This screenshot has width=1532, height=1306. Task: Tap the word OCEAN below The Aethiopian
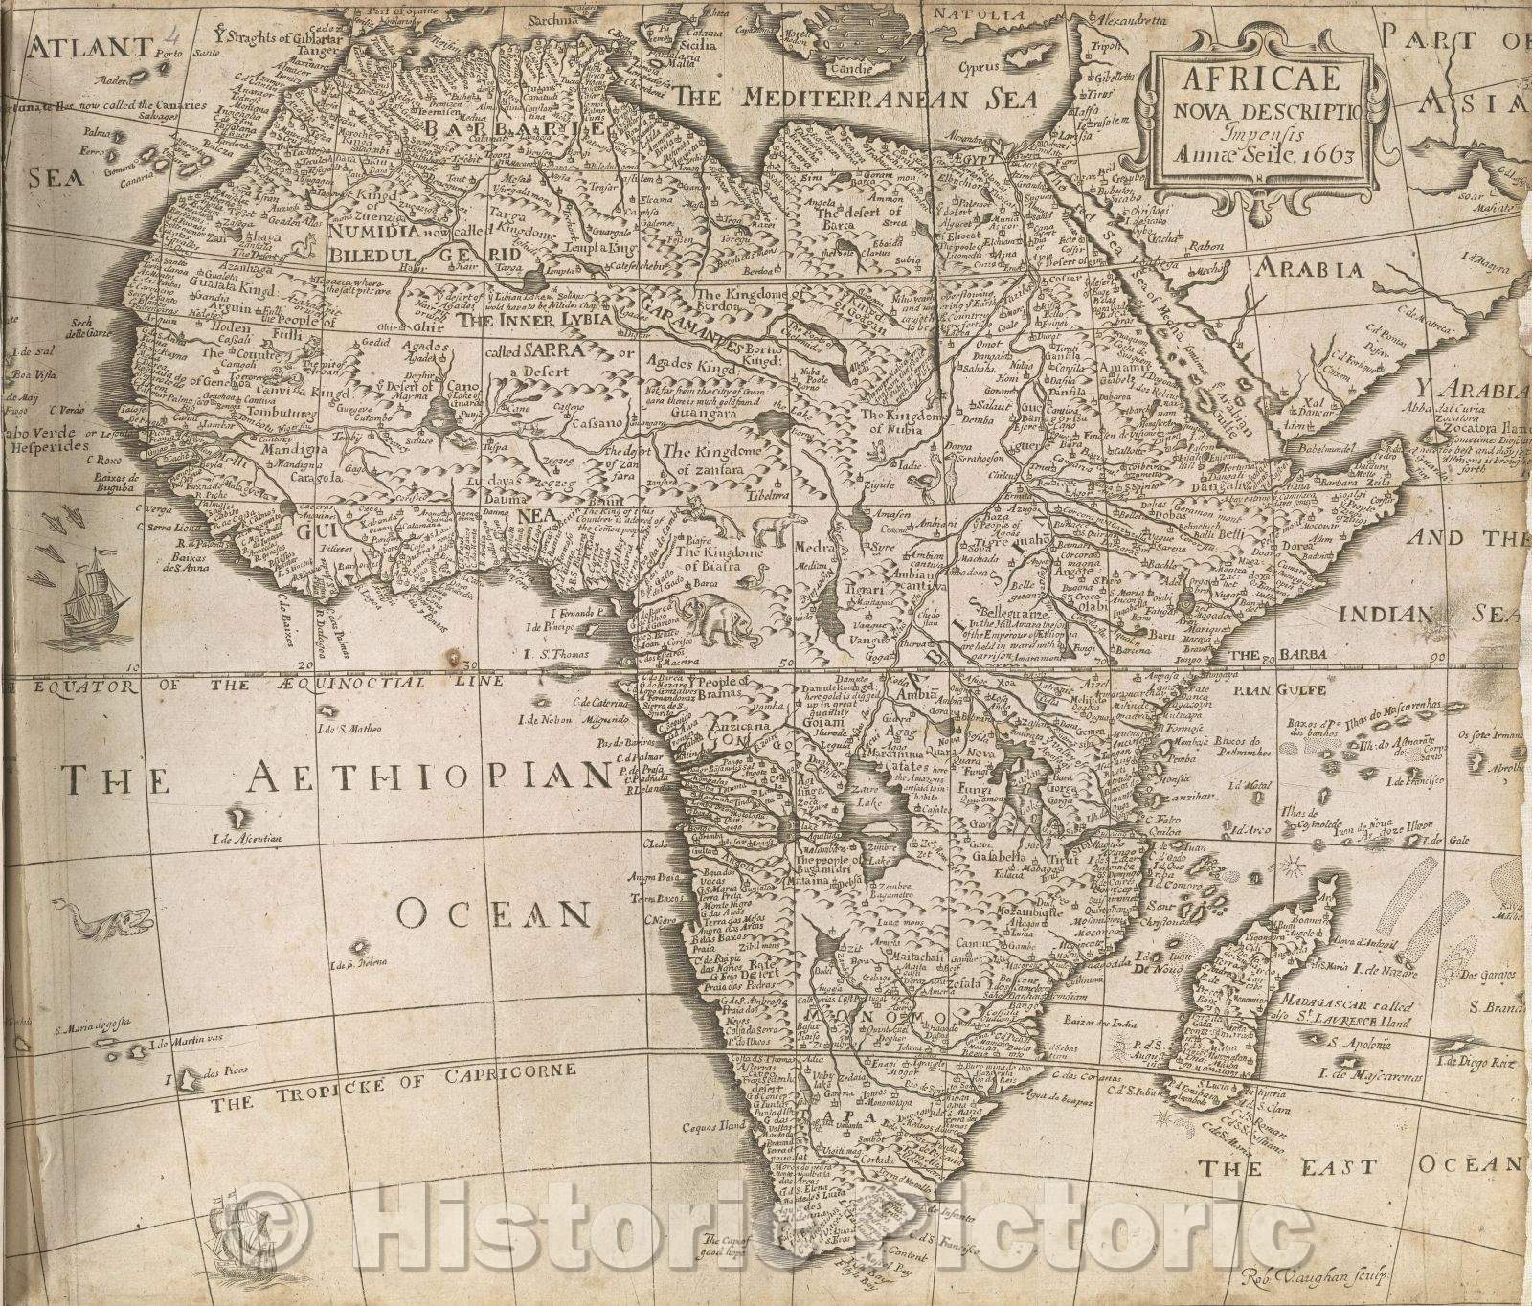[x=492, y=915]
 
